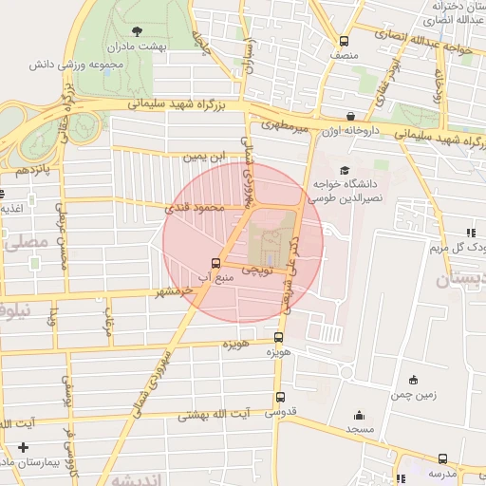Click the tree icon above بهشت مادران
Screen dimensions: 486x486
pos(139,31)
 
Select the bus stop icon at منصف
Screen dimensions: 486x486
pos(344,42)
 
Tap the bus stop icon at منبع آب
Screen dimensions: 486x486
pos(215,263)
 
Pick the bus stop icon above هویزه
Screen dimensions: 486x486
pos(278,337)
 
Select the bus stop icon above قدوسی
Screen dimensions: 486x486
pos(279,398)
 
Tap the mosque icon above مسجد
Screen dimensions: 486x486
pos(359,415)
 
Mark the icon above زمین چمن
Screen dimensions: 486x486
pos(412,380)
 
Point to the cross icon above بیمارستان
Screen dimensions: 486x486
pos(23,447)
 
